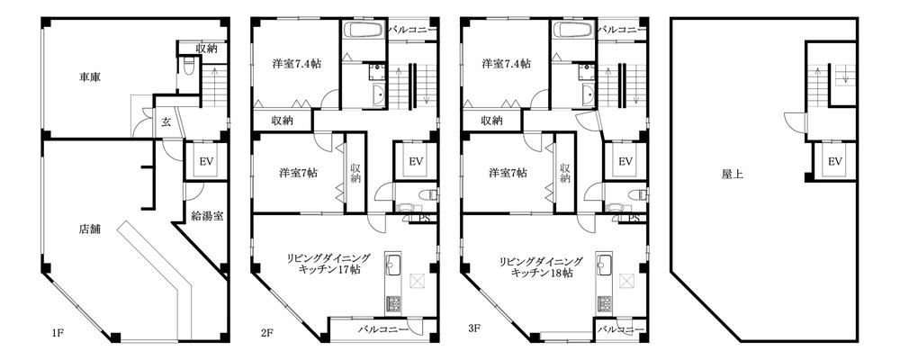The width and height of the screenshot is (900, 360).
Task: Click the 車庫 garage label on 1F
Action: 90,76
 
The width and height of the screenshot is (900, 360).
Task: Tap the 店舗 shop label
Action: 89,229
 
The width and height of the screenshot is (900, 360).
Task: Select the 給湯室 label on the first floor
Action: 207,217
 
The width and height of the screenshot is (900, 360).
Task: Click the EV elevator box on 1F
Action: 206,161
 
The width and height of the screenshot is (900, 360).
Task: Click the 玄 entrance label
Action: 166,121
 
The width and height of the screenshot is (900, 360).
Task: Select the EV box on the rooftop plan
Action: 834,161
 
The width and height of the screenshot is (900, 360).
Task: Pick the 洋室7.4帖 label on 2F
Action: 296,64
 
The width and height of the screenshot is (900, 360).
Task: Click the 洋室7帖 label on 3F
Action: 508,172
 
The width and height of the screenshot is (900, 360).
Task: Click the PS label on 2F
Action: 425,218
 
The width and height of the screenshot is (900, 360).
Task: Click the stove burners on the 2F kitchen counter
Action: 394,303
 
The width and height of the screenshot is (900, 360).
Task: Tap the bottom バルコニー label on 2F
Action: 383,329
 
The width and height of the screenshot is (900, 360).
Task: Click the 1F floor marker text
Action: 57,331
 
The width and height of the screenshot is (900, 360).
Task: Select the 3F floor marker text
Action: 474,329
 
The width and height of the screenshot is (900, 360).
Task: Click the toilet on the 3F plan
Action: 637,194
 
